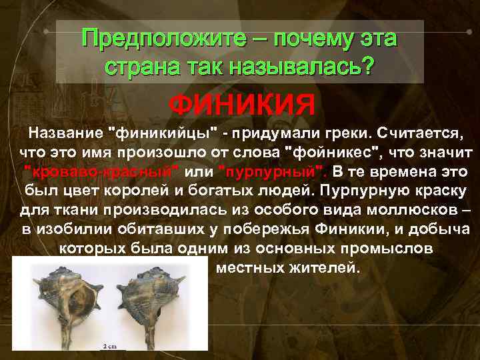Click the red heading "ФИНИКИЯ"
tap(241, 105)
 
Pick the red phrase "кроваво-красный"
tap(101, 171)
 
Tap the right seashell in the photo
tap(158, 304)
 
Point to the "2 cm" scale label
tap(109, 347)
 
